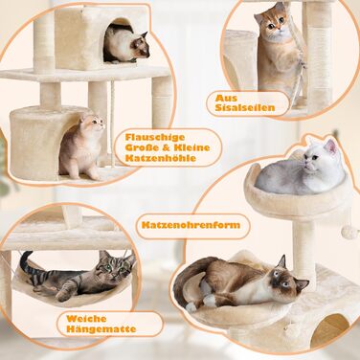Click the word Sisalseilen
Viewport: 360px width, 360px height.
[x=245, y=107]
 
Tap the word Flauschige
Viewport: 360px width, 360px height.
[x=155, y=137]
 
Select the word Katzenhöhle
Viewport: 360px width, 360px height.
[x=161, y=158]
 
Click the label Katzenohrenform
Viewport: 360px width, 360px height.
[x=191, y=225]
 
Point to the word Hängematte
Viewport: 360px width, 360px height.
[x=101, y=328]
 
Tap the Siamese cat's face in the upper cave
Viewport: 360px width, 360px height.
[x=141, y=47]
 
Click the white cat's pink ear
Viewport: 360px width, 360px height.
[x=331, y=146]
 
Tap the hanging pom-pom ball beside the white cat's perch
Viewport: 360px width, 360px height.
[x=349, y=233]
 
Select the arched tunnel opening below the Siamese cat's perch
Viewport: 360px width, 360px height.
[x=329, y=329]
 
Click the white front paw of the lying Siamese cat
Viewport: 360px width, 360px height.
[x=209, y=301]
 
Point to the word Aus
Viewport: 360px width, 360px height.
[x=226, y=98]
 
